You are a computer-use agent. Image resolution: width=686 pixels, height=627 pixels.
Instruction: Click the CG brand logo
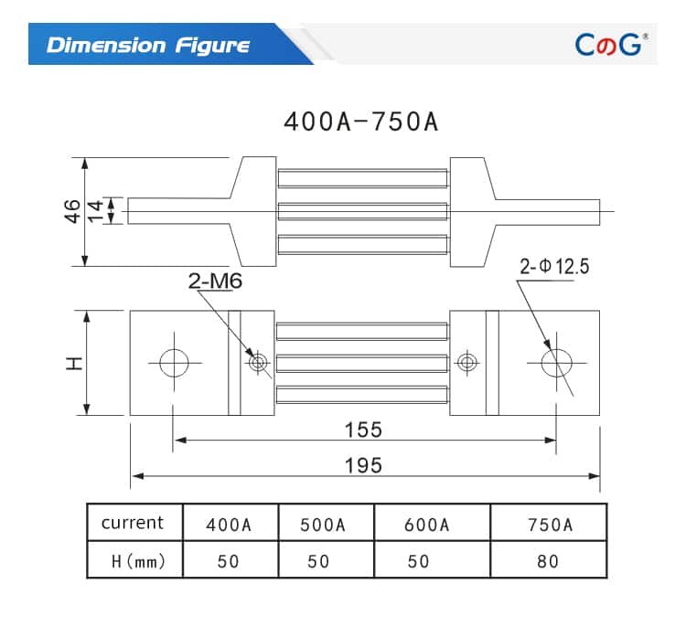point(610,44)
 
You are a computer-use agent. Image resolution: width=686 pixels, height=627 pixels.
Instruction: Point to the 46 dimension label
point(72,211)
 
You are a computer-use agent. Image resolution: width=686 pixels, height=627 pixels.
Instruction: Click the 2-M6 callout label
point(215,282)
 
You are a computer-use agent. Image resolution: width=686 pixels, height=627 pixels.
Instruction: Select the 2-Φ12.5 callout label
point(554,267)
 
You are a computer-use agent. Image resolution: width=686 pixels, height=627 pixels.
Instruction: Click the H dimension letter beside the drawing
point(74,363)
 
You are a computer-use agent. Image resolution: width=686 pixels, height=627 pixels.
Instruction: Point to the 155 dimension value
point(363,429)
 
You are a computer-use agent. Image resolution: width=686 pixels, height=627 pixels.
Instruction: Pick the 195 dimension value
point(363,464)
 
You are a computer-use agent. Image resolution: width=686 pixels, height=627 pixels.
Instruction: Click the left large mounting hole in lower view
point(174,363)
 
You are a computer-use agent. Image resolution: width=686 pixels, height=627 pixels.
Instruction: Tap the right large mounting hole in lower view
point(555,363)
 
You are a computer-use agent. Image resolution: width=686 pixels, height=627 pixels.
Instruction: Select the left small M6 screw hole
point(258,363)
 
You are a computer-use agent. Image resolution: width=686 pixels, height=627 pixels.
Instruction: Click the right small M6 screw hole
point(467,363)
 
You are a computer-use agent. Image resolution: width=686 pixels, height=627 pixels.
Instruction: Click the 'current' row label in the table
point(133,523)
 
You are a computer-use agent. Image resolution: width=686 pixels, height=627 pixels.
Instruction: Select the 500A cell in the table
point(323,525)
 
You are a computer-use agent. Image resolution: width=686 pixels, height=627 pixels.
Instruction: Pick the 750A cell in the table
point(549,525)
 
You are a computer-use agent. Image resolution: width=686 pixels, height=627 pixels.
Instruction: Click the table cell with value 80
point(548,561)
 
